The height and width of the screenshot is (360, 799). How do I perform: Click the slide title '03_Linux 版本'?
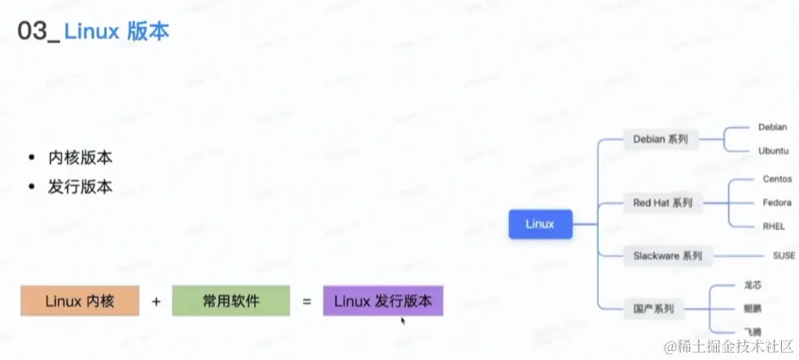[94, 33]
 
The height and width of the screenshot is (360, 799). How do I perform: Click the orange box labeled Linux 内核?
[80, 301]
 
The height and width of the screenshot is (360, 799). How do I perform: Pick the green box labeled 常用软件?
[231, 301]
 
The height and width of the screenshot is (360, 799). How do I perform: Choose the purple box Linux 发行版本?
[383, 301]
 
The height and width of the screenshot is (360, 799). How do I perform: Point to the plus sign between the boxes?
[156, 301]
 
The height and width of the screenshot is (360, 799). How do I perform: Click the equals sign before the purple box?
[307, 301]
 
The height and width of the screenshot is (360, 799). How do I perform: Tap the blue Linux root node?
[540, 224]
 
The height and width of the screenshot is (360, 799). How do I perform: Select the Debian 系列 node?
[661, 139]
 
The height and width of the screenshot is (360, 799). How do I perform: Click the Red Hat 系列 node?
[662, 203]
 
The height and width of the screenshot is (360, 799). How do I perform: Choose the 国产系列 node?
[653, 309]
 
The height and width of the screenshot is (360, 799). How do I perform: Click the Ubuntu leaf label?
[774, 151]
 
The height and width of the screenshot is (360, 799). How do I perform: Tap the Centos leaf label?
[777, 178]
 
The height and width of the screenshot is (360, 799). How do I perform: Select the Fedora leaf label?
[777, 202]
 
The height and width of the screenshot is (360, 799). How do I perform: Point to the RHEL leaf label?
[774, 226]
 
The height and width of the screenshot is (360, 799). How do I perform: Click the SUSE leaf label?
[784, 256]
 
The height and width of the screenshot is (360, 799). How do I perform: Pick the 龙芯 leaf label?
[752, 285]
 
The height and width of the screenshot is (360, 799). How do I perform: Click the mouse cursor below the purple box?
[402, 320]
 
